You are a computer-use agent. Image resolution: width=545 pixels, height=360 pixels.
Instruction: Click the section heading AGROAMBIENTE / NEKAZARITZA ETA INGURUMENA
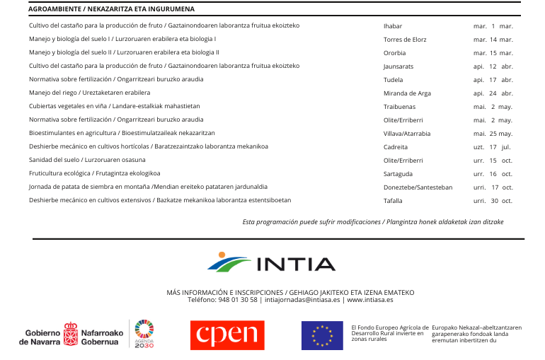click(x=112, y=9)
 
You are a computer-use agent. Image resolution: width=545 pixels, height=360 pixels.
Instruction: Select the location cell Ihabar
click(x=392, y=26)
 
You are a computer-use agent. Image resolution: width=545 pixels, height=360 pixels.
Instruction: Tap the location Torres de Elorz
click(x=405, y=40)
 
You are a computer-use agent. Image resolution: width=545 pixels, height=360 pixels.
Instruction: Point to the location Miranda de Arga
click(x=407, y=93)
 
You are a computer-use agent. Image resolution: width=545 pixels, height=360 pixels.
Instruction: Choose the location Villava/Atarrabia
click(x=407, y=134)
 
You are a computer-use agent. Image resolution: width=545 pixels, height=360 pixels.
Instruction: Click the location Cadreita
click(x=395, y=147)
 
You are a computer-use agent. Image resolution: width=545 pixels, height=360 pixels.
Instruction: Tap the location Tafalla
click(x=393, y=201)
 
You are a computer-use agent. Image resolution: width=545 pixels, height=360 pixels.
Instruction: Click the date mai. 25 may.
click(x=493, y=134)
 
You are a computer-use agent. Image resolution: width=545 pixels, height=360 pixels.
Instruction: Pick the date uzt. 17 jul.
click(x=493, y=147)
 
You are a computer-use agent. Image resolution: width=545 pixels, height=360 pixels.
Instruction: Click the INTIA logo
click(x=272, y=263)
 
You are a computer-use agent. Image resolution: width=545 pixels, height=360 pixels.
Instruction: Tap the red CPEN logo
click(x=226, y=335)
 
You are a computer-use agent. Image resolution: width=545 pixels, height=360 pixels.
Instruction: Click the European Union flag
click(x=322, y=335)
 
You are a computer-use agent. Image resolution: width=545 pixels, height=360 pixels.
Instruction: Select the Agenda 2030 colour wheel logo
click(x=144, y=330)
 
